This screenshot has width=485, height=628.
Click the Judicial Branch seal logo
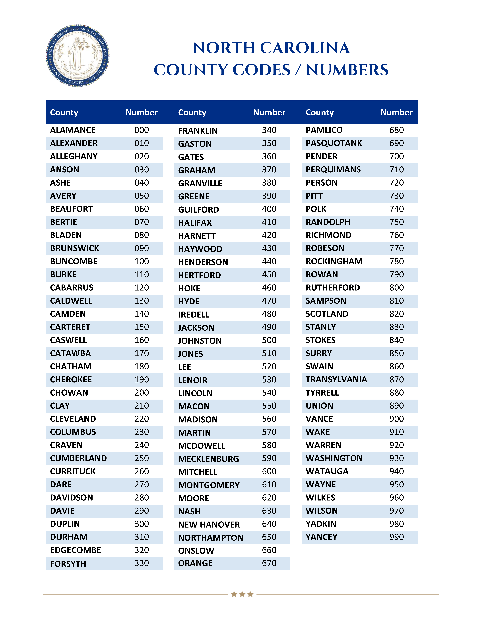coord(78,55)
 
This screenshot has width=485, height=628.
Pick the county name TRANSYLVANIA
coord(336,380)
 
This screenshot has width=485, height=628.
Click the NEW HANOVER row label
coord(209,524)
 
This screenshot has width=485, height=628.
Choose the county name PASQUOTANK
coord(334,143)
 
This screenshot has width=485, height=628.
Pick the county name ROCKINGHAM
coord(334,261)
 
